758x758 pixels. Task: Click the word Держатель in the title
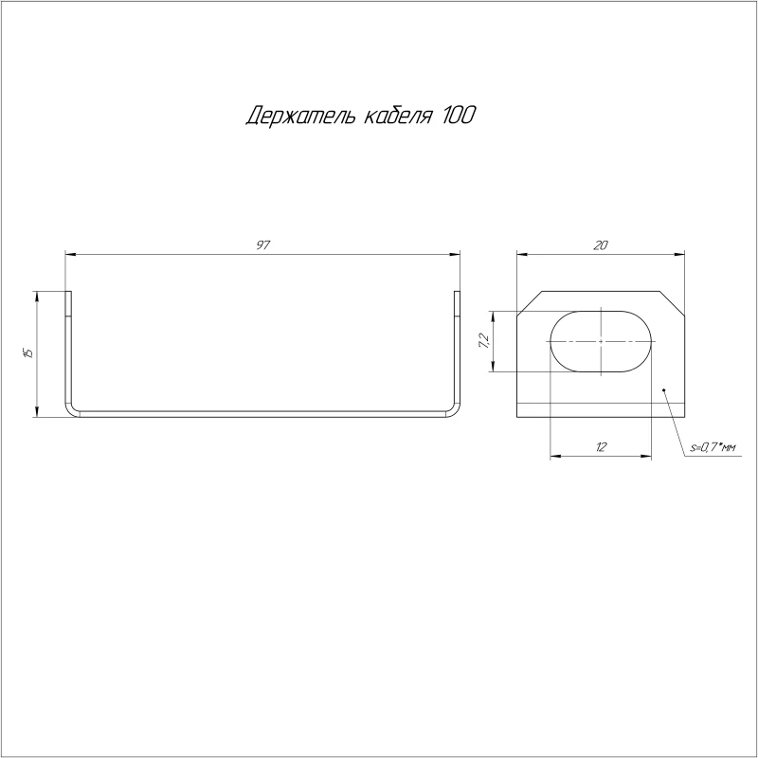[301, 116]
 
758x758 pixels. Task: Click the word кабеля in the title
[397, 115]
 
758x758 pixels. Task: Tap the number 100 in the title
[458, 115]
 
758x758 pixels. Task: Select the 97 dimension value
[262, 245]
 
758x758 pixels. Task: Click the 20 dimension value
[601, 245]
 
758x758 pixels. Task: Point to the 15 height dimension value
[28, 352]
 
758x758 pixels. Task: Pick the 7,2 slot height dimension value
[484, 341]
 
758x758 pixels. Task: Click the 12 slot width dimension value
[601, 447]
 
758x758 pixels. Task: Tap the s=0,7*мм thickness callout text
[713, 448]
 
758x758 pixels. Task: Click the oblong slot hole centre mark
[601, 341]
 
